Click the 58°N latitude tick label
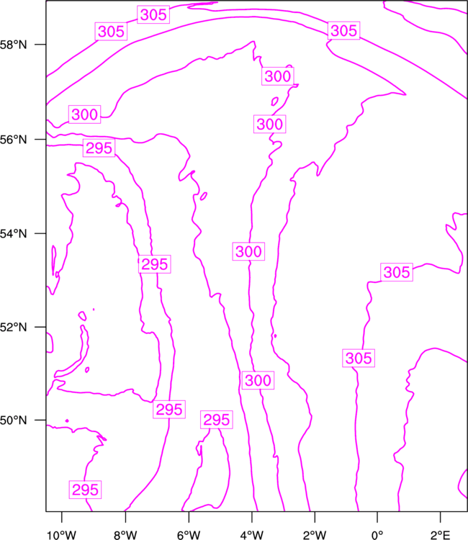tap(13, 45)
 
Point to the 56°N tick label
tap(13, 140)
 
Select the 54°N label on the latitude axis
tap(13, 233)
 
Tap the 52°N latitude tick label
tap(13, 327)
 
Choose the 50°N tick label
tap(13, 420)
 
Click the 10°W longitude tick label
tap(61, 535)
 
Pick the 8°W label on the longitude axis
tap(125, 535)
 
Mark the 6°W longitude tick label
tap(189, 535)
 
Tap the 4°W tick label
tap(252, 535)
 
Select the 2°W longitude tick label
tap(315, 535)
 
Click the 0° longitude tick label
tap(377, 535)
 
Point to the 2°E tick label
tap(441, 535)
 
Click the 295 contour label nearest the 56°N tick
tap(99, 148)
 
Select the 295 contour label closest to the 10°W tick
tap(85, 490)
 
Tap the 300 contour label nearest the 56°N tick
tap(84, 114)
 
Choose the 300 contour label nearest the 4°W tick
tap(258, 380)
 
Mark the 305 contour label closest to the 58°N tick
tap(111, 32)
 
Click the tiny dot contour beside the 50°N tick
tap(67, 420)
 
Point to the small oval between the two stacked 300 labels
tap(275, 102)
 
